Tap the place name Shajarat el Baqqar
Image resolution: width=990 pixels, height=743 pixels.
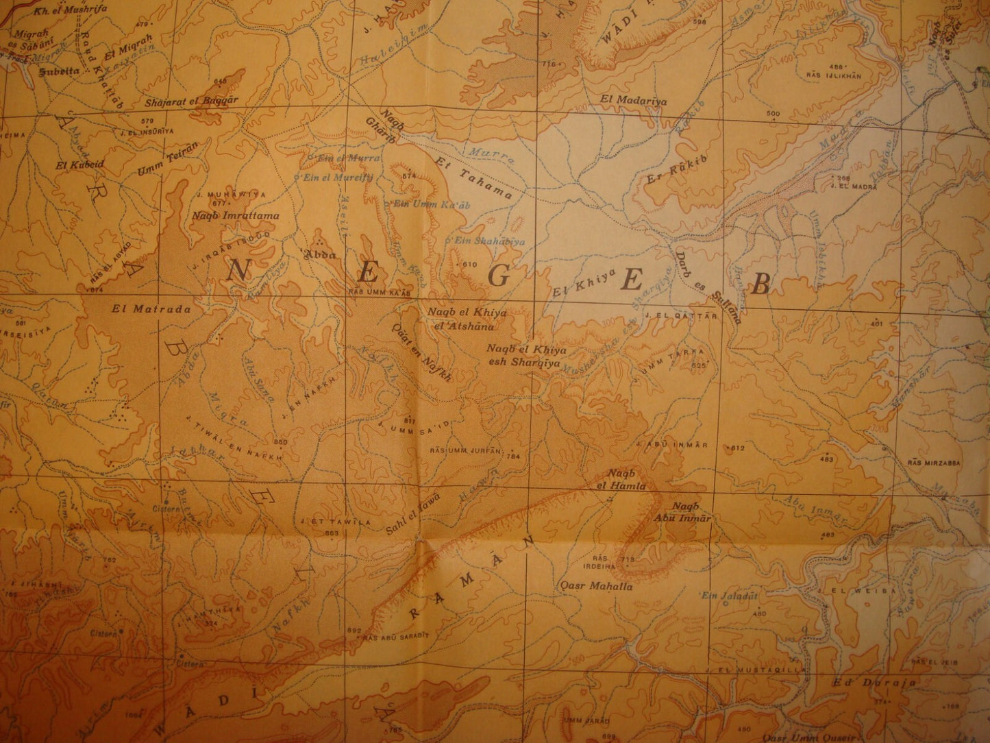click(183, 101)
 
